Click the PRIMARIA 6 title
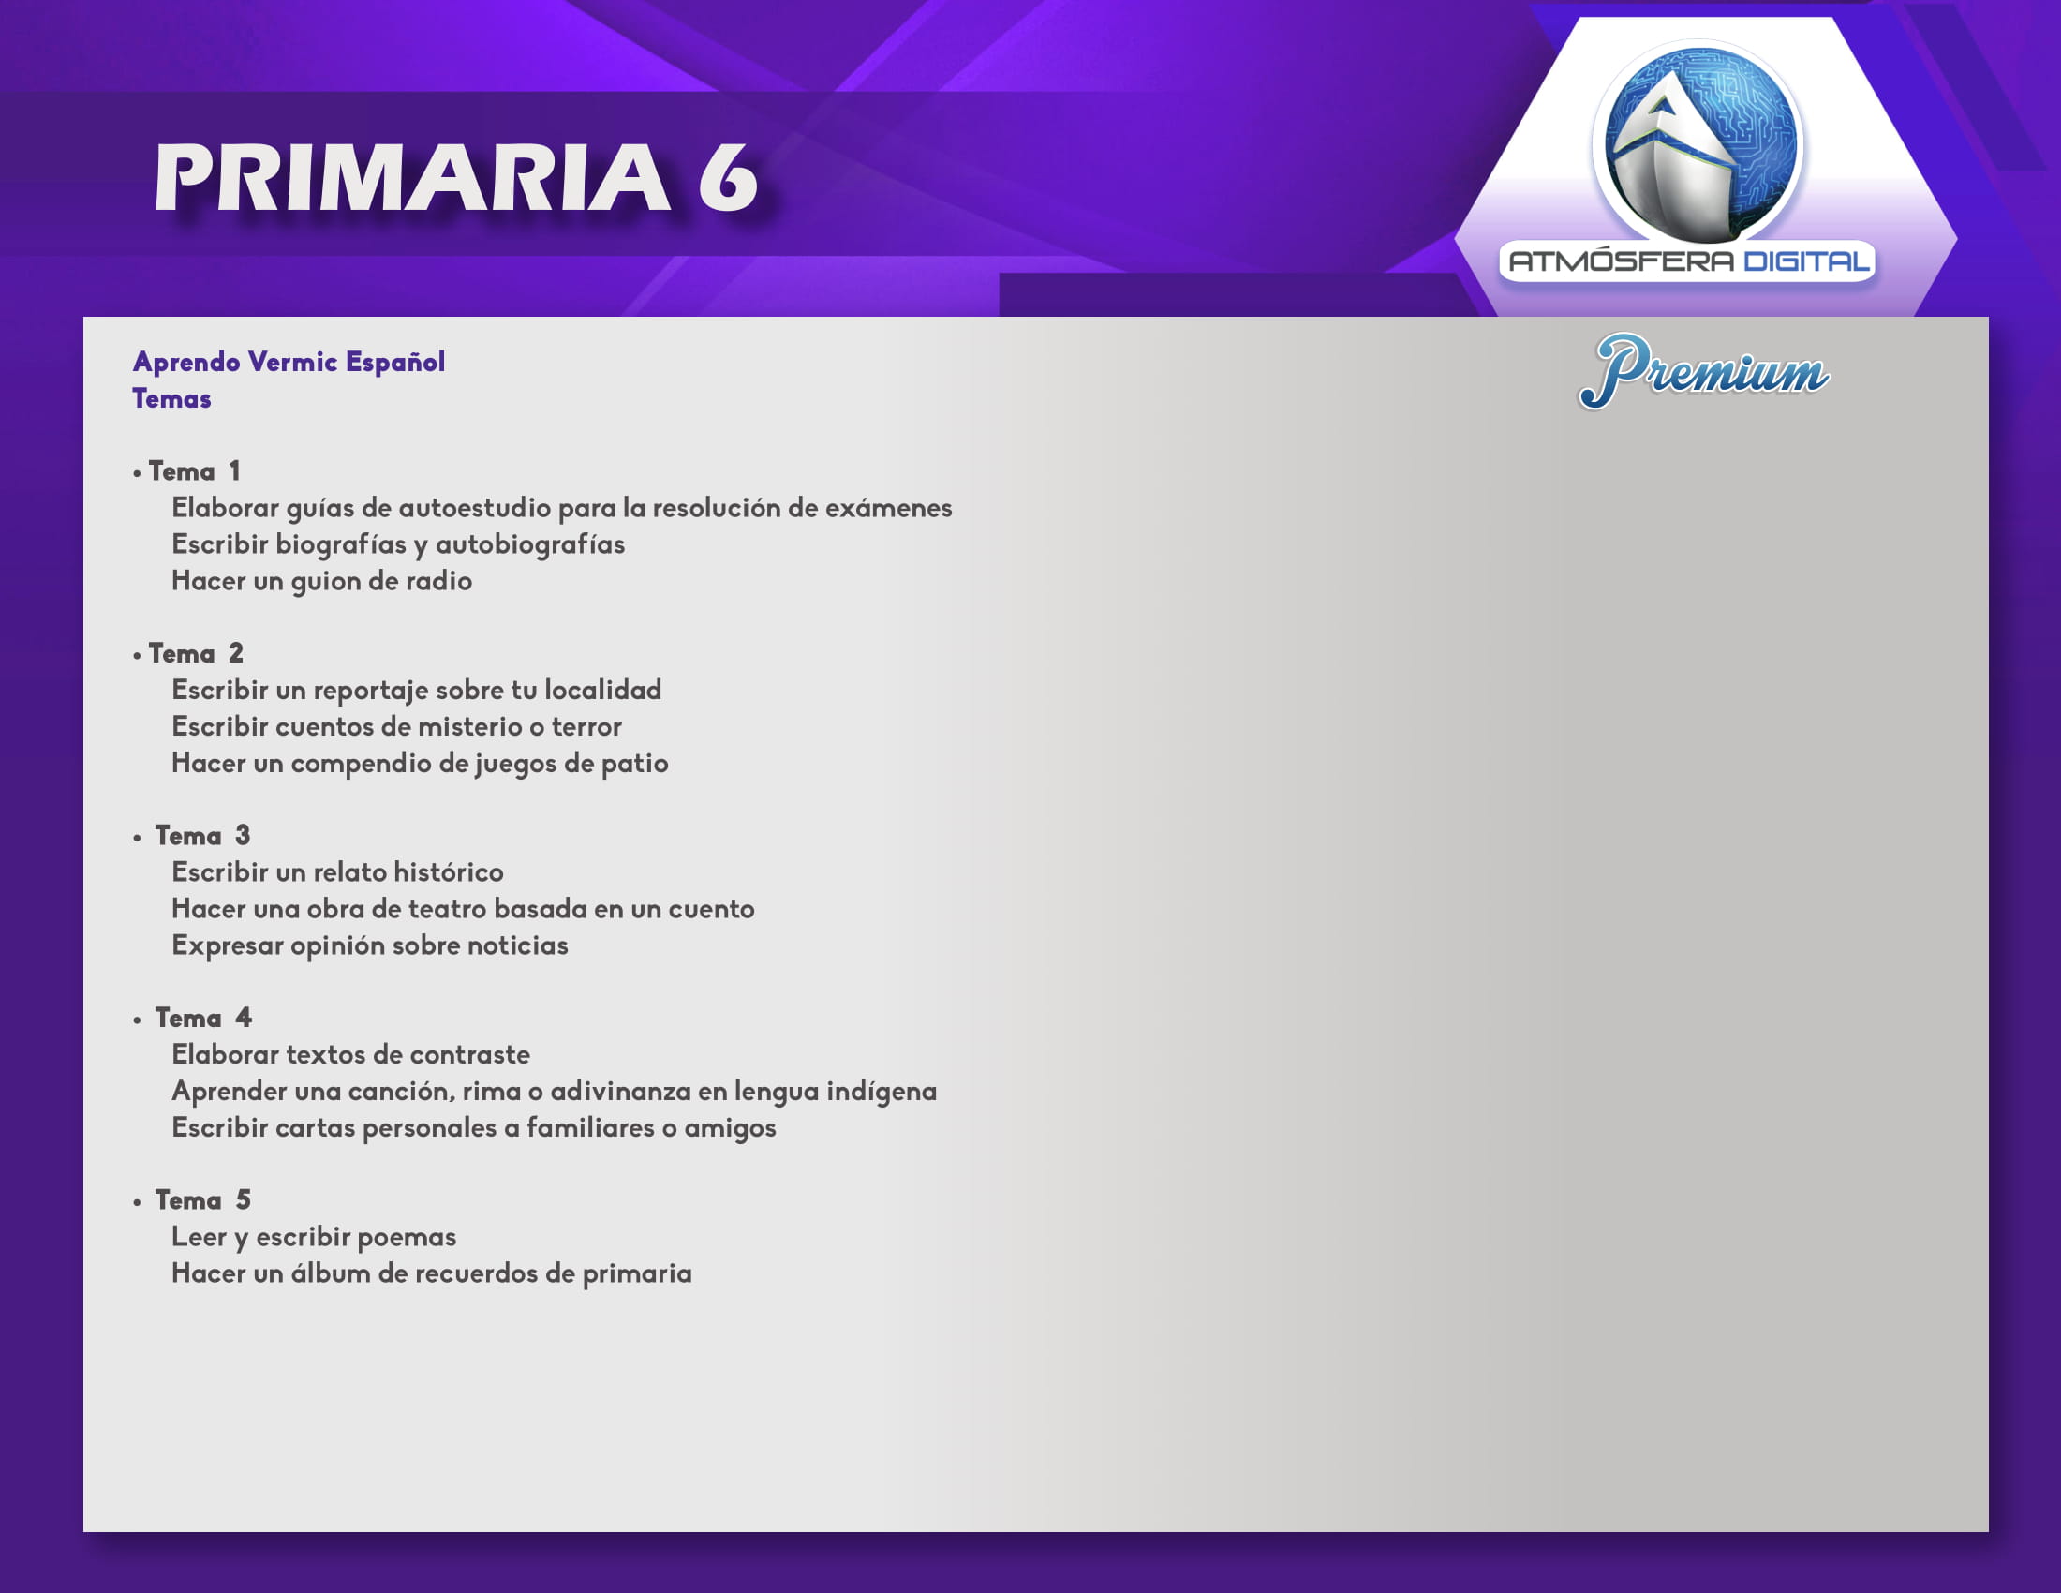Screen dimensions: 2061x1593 [456, 176]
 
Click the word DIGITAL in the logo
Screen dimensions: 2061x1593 [1806, 261]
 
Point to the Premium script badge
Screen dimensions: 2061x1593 [1703, 371]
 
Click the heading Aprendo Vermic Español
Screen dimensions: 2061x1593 [289, 362]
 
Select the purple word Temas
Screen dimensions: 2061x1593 [171, 398]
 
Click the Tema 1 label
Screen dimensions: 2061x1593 [195, 471]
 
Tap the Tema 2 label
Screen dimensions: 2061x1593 [197, 653]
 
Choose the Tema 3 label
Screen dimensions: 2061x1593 [203, 835]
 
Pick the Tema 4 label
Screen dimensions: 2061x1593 [204, 1018]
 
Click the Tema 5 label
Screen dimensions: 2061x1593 [203, 1199]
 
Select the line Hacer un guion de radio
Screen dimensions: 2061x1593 [321, 581]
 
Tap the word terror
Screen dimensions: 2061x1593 [587, 726]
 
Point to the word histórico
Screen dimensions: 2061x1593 [448, 872]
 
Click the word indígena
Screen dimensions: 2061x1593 [882, 1092]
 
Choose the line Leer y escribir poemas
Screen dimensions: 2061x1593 [313, 1237]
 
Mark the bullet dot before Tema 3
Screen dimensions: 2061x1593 [137, 837]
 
